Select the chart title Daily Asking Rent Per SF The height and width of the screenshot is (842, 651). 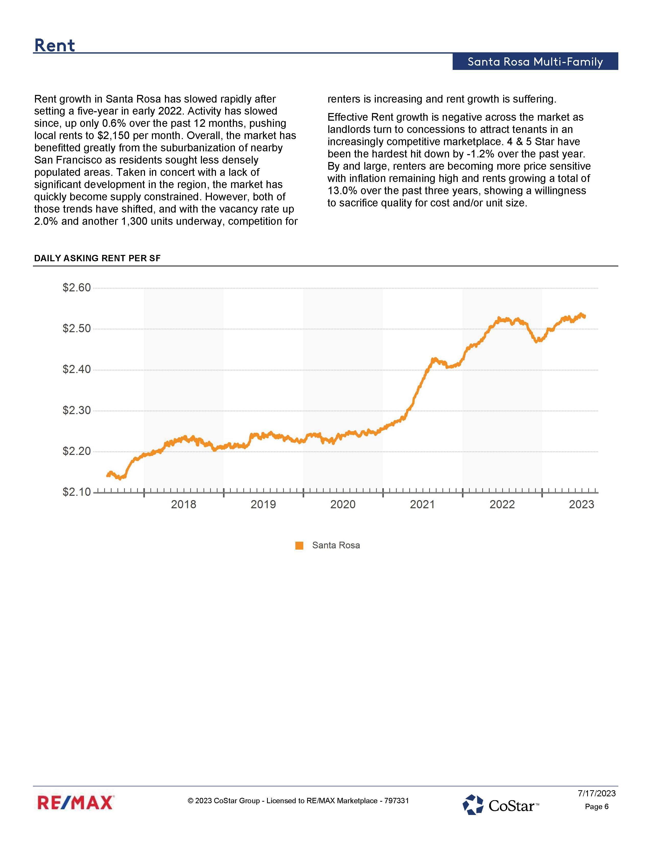[x=97, y=258]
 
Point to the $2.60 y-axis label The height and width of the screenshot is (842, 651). [x=77, y=288]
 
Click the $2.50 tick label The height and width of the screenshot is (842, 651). [x=77, y=328]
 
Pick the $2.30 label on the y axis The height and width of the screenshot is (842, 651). [x=77, y=410]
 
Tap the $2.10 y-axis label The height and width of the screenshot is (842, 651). [x=77, y=492]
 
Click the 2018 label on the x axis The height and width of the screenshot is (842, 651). [x=183, y=504]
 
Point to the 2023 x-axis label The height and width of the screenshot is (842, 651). [x=581, y=504]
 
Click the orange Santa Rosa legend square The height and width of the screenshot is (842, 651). [x=299, y=546]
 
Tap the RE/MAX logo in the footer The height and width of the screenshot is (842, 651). [x=76, y=802]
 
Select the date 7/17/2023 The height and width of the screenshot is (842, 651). [x=596, y=793]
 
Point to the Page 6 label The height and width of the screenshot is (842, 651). [x=596, y=807]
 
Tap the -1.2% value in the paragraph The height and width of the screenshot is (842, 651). [x=480, y=154]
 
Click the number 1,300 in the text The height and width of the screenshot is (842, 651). [x=134, y=221]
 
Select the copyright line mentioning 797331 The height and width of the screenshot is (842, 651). [x=298, y=801]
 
